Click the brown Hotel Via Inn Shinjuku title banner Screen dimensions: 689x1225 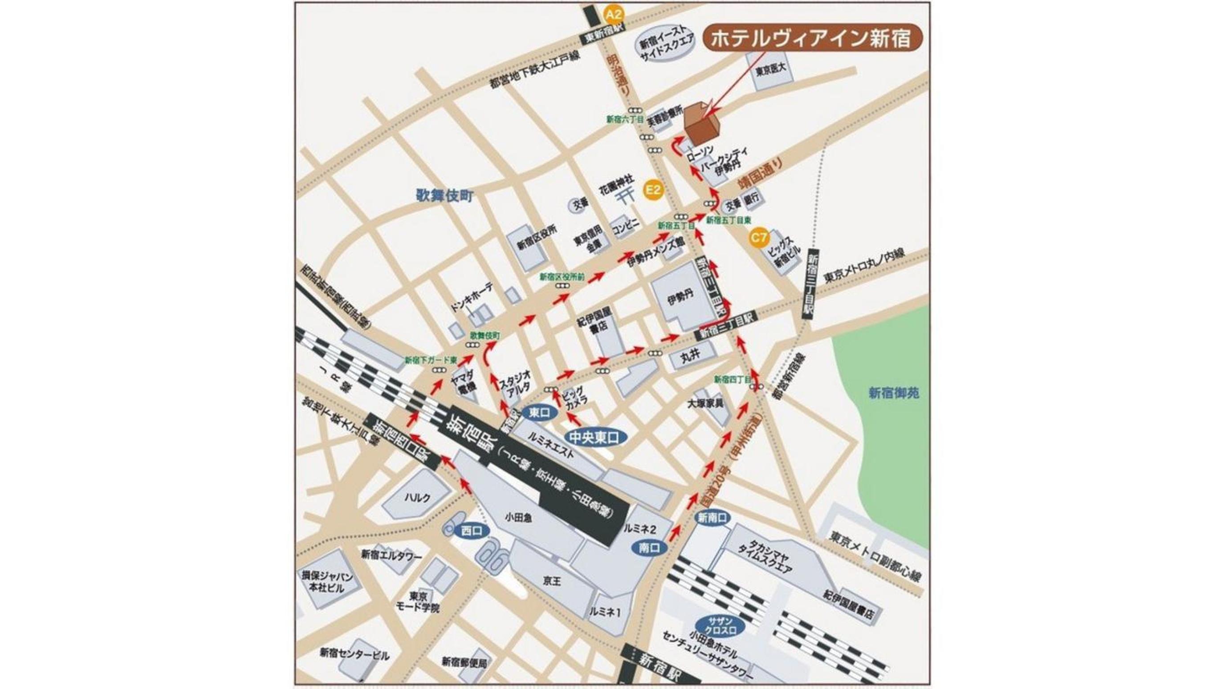(x=812, y=38)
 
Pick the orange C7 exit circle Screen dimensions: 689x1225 (x=759, y=236)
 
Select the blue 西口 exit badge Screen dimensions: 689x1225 (x=472, y=531)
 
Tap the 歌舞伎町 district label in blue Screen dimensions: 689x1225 (x=445, y=196)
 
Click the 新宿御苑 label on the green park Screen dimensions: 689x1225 (x=887, y=393)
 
